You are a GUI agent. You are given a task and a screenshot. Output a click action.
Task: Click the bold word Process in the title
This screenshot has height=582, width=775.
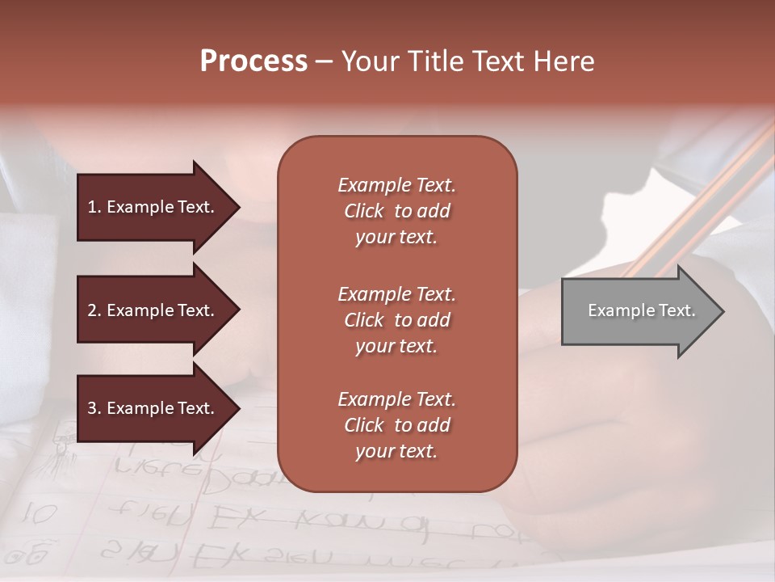[253, 61]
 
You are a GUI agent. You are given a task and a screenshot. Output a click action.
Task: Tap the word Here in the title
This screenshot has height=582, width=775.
[563, 61]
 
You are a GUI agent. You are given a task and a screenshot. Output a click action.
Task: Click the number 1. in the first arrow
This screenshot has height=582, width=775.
[94, 207]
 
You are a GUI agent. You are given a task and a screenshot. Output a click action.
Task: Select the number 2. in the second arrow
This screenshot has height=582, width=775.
[94, 310]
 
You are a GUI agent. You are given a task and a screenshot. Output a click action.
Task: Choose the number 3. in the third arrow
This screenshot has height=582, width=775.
[94, 408]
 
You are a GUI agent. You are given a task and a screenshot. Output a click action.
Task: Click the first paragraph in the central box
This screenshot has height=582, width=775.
[396, 211]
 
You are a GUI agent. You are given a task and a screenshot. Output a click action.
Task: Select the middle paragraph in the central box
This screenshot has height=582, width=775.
[396, 320]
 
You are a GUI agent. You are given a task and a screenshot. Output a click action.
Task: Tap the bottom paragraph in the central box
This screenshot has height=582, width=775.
[396, 425]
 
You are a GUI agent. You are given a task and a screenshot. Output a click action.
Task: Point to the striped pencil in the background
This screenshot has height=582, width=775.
[710, 194]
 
